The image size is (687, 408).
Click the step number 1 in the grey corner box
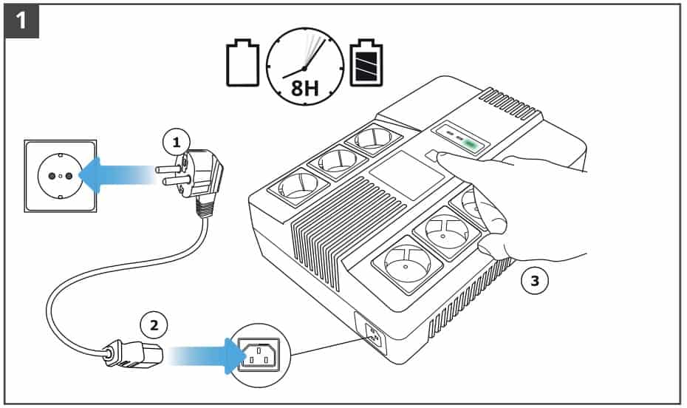[22, 21]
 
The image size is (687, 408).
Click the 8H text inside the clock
[304, 89]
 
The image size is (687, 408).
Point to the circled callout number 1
[176, 142]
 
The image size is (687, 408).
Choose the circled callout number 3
[535, 280]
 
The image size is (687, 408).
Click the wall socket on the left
[61, 175]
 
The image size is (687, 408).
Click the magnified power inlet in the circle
[263, 355]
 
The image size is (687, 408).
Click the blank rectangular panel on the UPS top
[406, 175]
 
